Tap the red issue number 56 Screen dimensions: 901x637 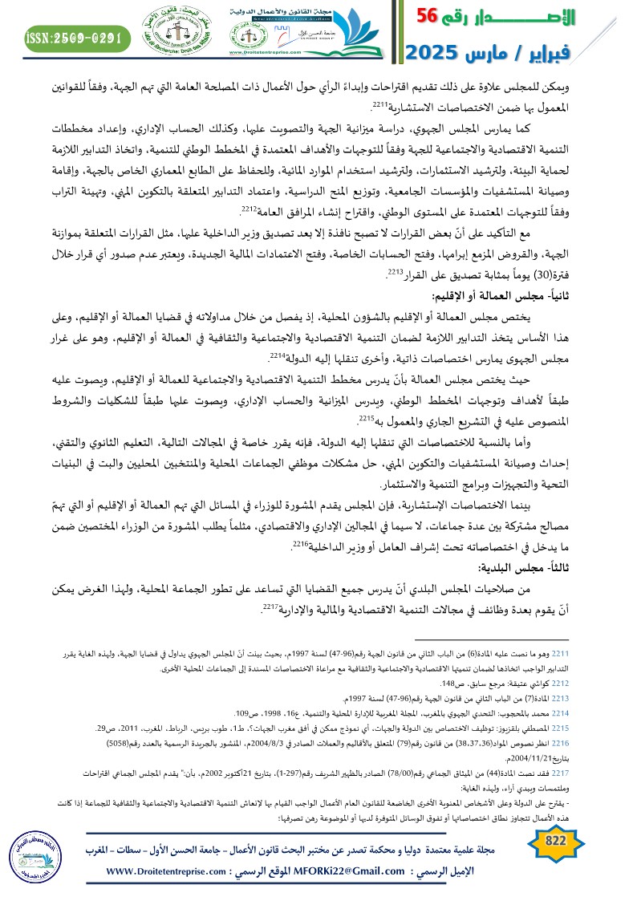(433, 17)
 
